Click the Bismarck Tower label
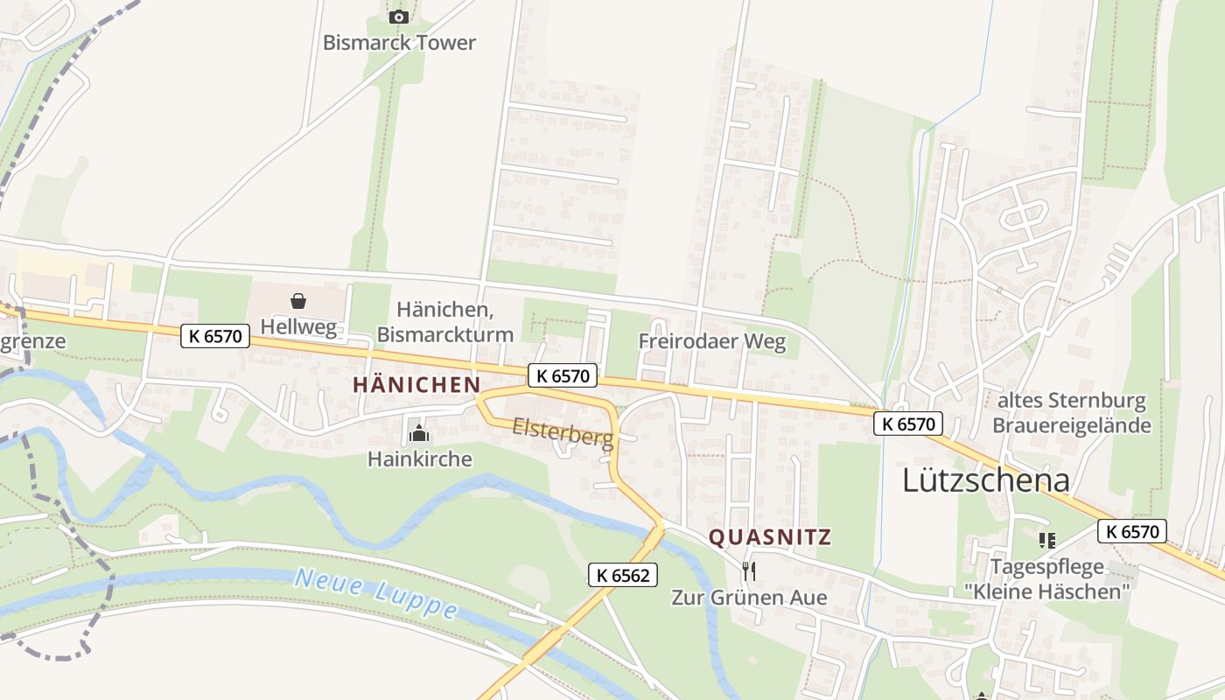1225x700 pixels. (x=399, y=42)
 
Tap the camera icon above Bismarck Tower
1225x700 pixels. (x=399, y=17)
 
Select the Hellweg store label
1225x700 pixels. (x=298, y=326)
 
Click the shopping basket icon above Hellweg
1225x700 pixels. (x=298, y=301)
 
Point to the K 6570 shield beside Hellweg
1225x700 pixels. (x=215, y=335)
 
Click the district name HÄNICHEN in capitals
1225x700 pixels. (x=416, y=385)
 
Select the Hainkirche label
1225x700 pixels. (x=419, y=458)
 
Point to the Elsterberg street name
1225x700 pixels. (x=563, y=432)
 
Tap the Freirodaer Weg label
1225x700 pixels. (x=712, y=341)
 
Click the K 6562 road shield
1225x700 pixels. (x=621, y=574)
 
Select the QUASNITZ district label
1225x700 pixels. (x=769, y=537)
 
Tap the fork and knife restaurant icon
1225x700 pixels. (x=748, y=571)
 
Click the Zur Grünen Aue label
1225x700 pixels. (x=748, y=598)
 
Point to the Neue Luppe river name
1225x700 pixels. (x=376, y=593)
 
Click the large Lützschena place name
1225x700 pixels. (x=986, y=480)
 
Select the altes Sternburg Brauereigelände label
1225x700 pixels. (x=1072, y=413)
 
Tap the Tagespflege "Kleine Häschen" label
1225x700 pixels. (x=1047, y=579)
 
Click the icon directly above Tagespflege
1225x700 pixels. (x=1046, y=541)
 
